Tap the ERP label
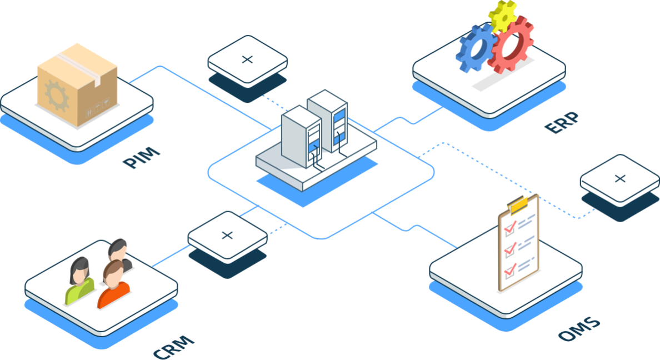click(x=562, y=123)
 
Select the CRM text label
click(x=174, y=346)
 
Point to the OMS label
click(x=579, y=328)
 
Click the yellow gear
click(x=502, y=15)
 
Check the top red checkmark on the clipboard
click(x=509, y=226)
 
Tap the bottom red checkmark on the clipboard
click(x=509, y=271)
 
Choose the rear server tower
click(x=328, y=119)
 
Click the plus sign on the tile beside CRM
click(x=227, y=235)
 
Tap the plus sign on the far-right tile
click(x=620, y=178)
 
